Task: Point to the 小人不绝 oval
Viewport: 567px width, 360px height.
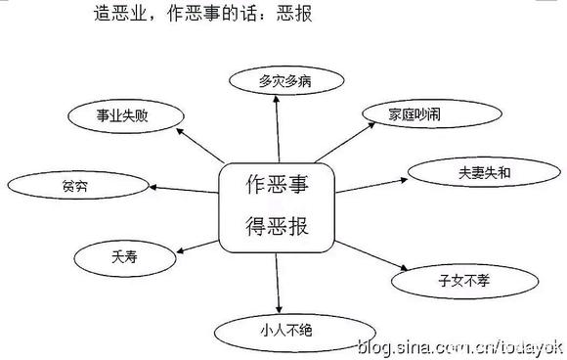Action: (x=279, y=329)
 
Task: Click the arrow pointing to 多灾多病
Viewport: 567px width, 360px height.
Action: (x=278, y=127)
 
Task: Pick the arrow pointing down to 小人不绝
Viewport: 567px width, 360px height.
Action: (x=279, y=284)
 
